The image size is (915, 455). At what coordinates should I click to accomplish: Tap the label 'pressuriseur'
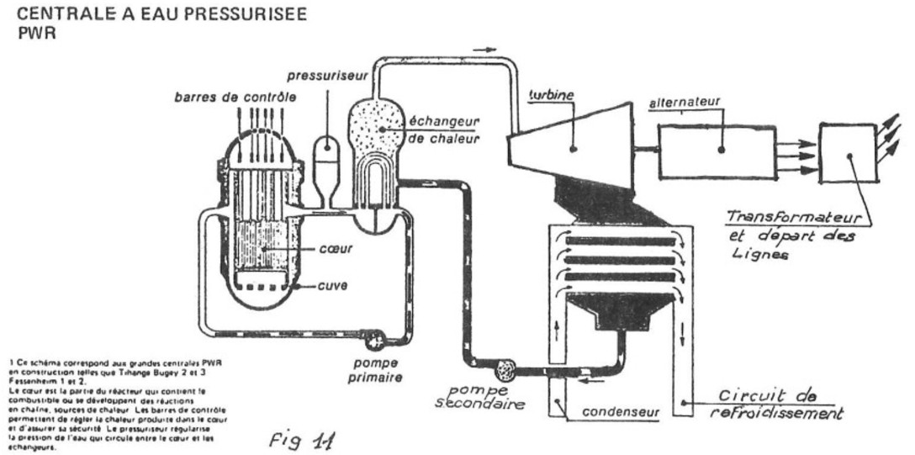[x=323, y=76]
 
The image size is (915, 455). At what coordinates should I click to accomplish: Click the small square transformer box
[x=848, y=153]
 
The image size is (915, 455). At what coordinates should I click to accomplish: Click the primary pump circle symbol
[x=371, y=340]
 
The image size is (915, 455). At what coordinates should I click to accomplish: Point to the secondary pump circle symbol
[x=507, y=368]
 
